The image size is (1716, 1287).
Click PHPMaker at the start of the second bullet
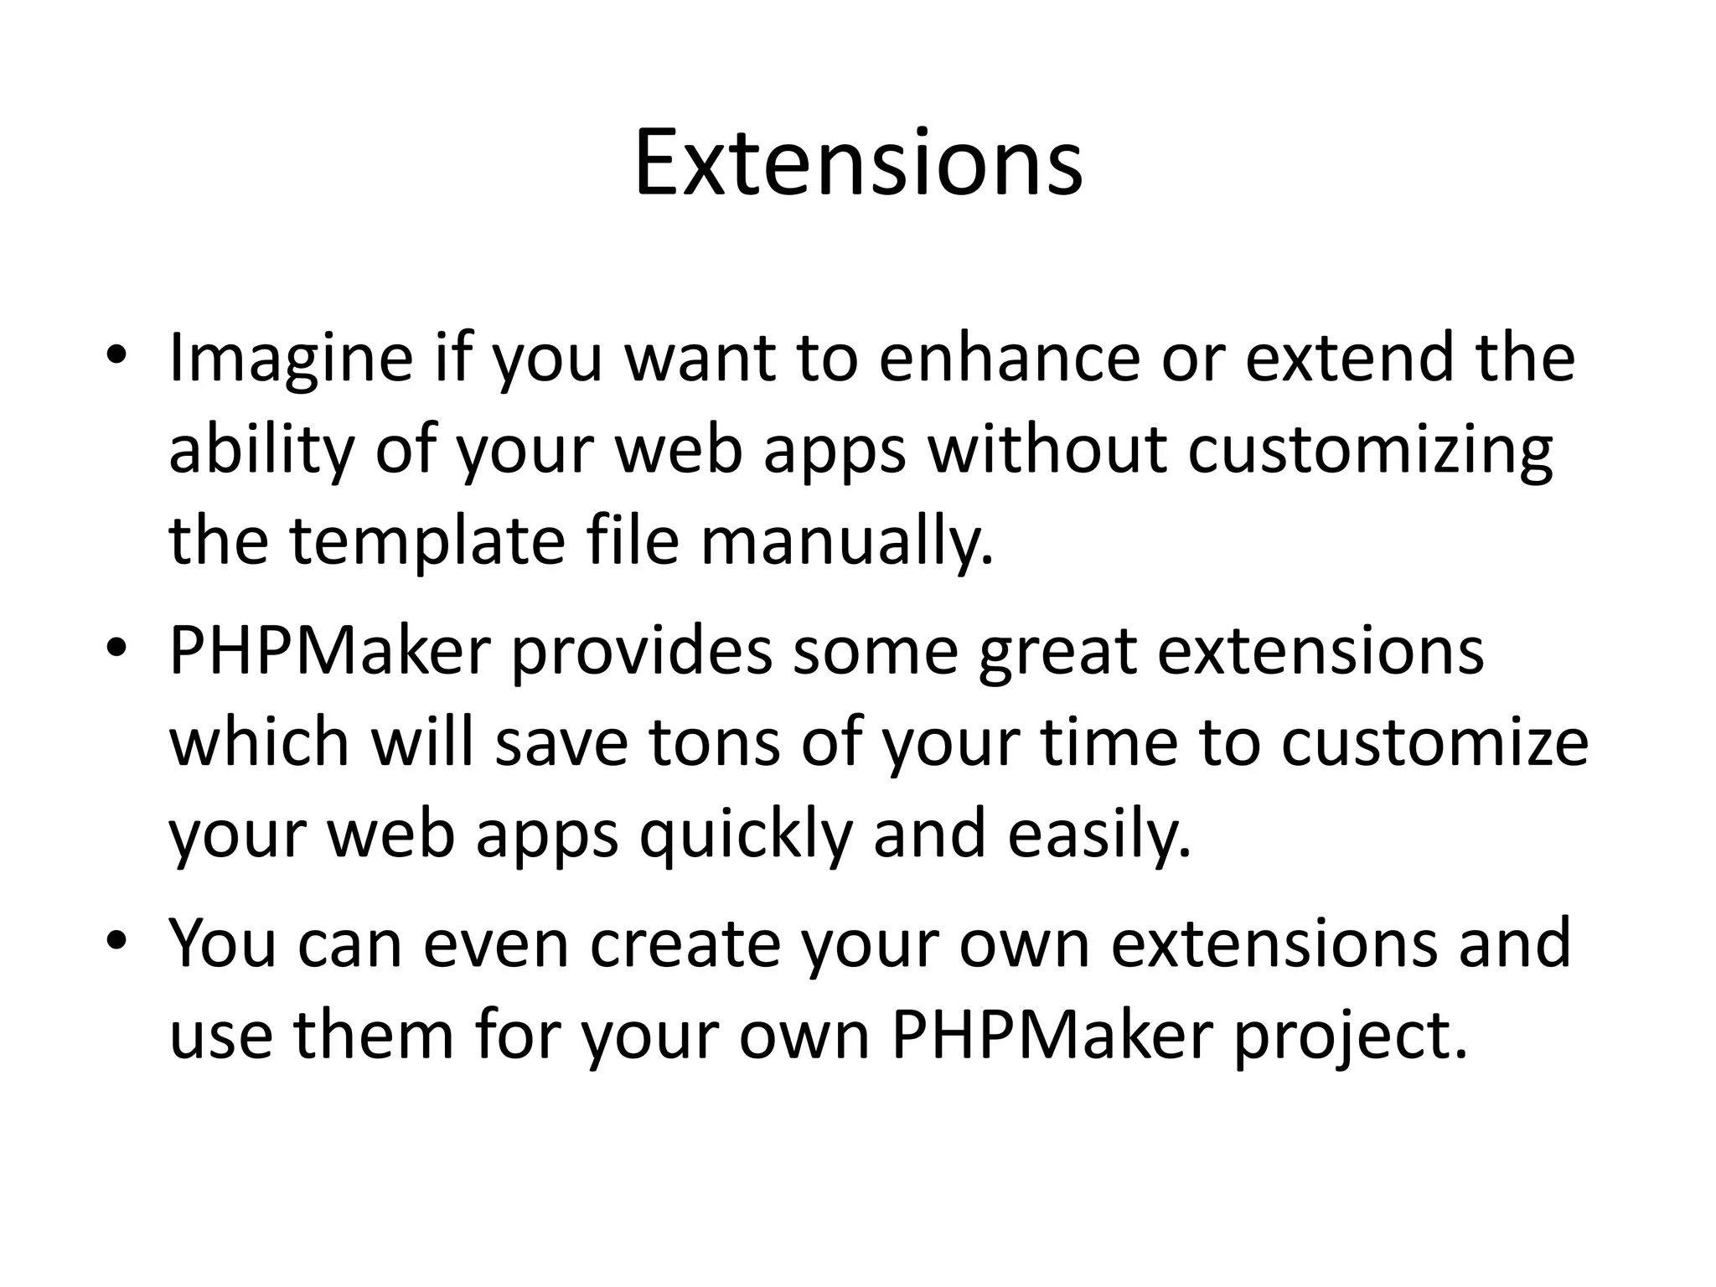pos(329,651)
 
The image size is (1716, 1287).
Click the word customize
pos(1434,743)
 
